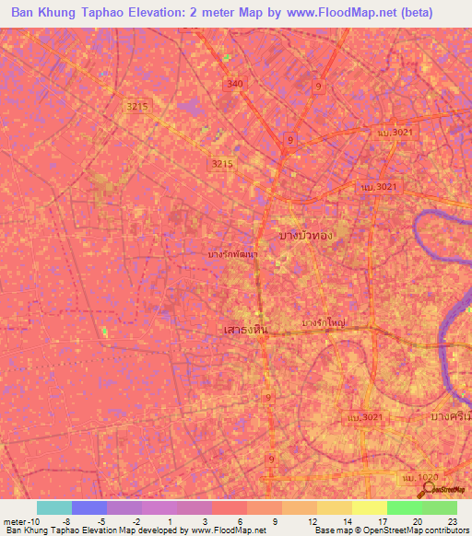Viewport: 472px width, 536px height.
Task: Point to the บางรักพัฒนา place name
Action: (232, 254)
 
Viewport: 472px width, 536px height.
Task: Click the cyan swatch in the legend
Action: (53, 507)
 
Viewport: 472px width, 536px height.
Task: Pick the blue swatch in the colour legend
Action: (88, 507)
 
